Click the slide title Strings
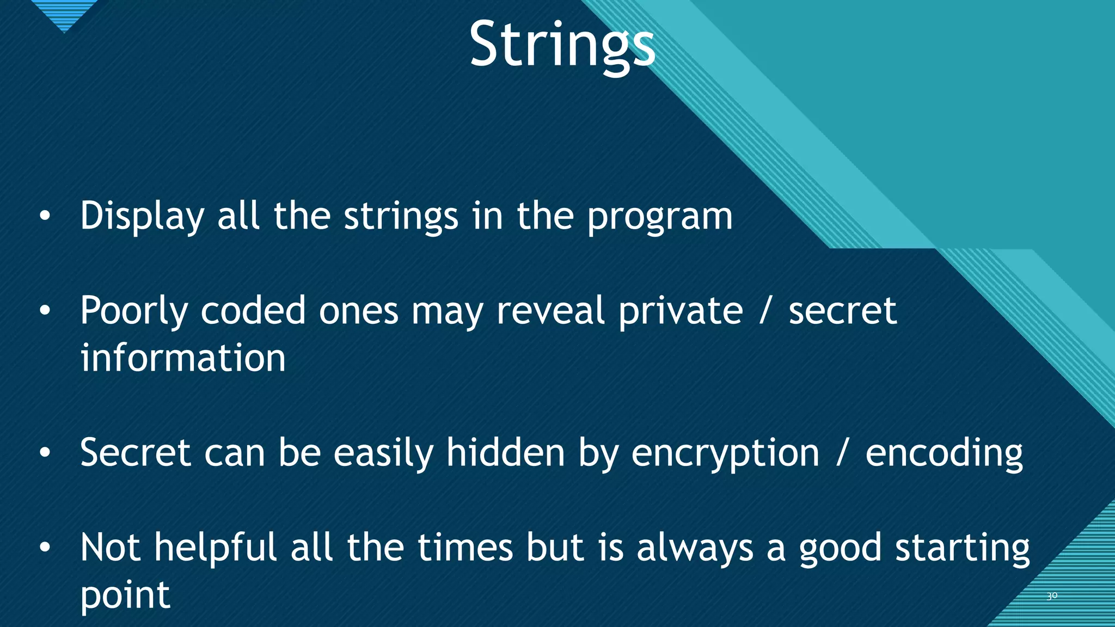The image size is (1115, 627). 562,45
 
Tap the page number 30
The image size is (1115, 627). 1052,596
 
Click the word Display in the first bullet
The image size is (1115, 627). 142,216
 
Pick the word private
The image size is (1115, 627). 681,311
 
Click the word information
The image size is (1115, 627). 183,358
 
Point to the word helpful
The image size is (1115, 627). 216,548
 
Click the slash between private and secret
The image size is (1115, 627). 765,311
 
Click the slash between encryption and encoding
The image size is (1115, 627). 842,453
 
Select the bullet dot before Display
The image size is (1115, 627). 45,217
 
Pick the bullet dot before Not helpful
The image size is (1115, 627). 45,548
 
